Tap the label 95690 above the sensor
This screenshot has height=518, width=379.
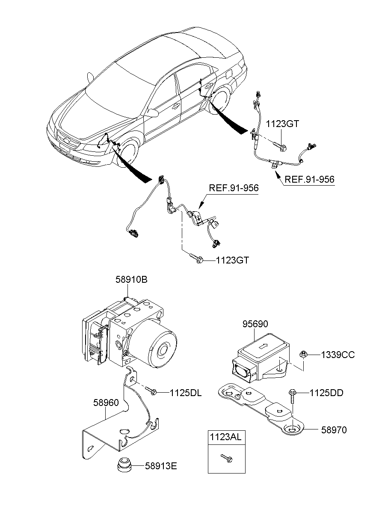256,325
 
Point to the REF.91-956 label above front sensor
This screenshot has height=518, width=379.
233,188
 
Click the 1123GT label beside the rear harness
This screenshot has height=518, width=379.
282,124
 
